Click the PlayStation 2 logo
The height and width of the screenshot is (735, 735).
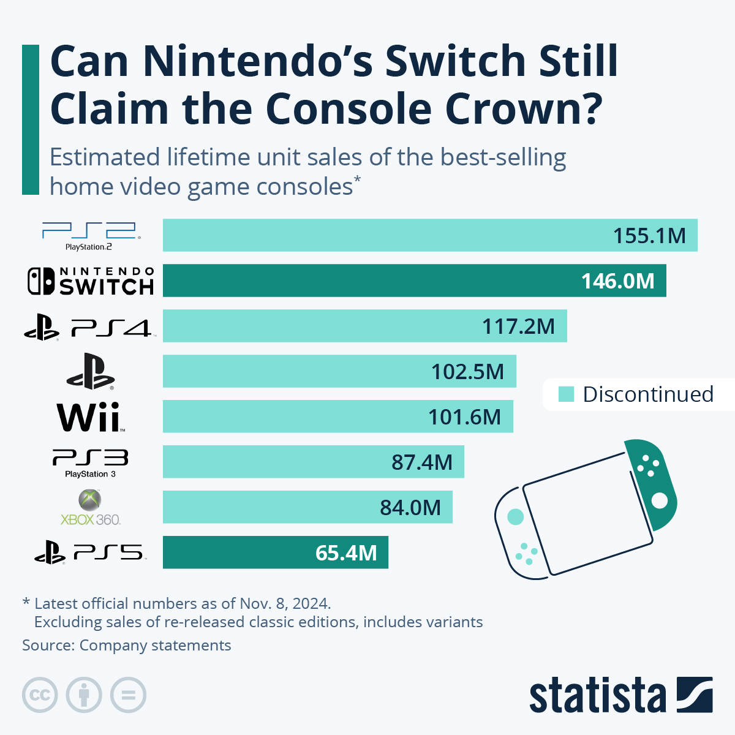click(x=91, y=236)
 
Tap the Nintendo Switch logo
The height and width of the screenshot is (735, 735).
click(x=91, y=281)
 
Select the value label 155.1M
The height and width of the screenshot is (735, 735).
click(x=649, y=236)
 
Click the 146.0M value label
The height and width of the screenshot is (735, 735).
click(x=617, y=281)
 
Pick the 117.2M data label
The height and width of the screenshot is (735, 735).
click(x=518, y=326)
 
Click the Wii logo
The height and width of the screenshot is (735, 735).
click(x=91, y=417)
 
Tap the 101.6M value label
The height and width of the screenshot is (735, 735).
click(x=464, y=417)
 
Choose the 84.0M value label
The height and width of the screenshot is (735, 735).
click(x=410, y=508)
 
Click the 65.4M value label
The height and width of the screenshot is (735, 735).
click(x=346, y=553)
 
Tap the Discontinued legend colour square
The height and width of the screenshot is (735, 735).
click(x=567, y=394)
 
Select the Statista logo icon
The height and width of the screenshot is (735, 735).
click(x=695, y=695)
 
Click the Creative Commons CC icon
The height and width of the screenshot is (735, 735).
click(x=40, y=695)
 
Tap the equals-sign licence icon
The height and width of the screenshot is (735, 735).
click(x=128, y=695)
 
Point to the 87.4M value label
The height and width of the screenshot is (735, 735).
click(x=422, y=462)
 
